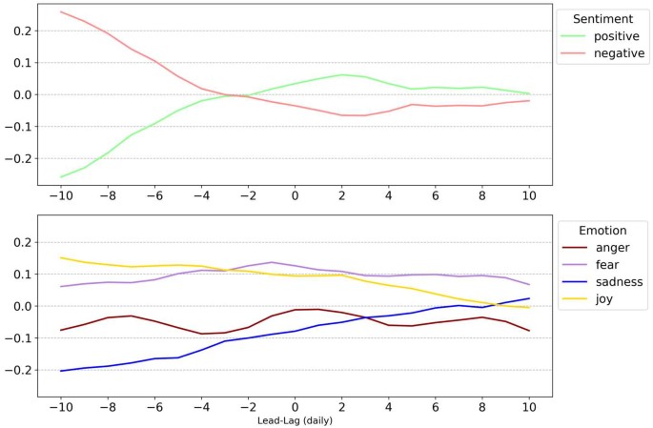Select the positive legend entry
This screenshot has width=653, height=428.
(x=616, y=36)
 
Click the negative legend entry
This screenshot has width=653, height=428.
(x=619, y=54)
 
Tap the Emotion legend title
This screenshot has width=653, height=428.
(x=603, y=230)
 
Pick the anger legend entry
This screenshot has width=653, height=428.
(x=611, y=247)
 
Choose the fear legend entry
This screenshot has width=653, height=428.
(x=605, y=265)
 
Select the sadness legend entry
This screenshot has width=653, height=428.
(x=615, y=283)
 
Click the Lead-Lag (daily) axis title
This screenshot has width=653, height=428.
(x=295, y=419)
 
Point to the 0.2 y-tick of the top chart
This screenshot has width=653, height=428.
(x=20, y=31)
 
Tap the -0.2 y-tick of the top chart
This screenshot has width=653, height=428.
(x=17, y=158)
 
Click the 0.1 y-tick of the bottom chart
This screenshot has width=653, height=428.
(x=20, y=275)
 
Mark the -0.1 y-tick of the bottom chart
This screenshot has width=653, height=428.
(x=17, y=338)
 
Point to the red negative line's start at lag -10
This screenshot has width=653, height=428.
(x=61, y=12)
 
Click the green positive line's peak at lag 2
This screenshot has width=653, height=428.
(x=341, y=74)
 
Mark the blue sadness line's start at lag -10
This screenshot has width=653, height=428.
(x=61, y=371)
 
